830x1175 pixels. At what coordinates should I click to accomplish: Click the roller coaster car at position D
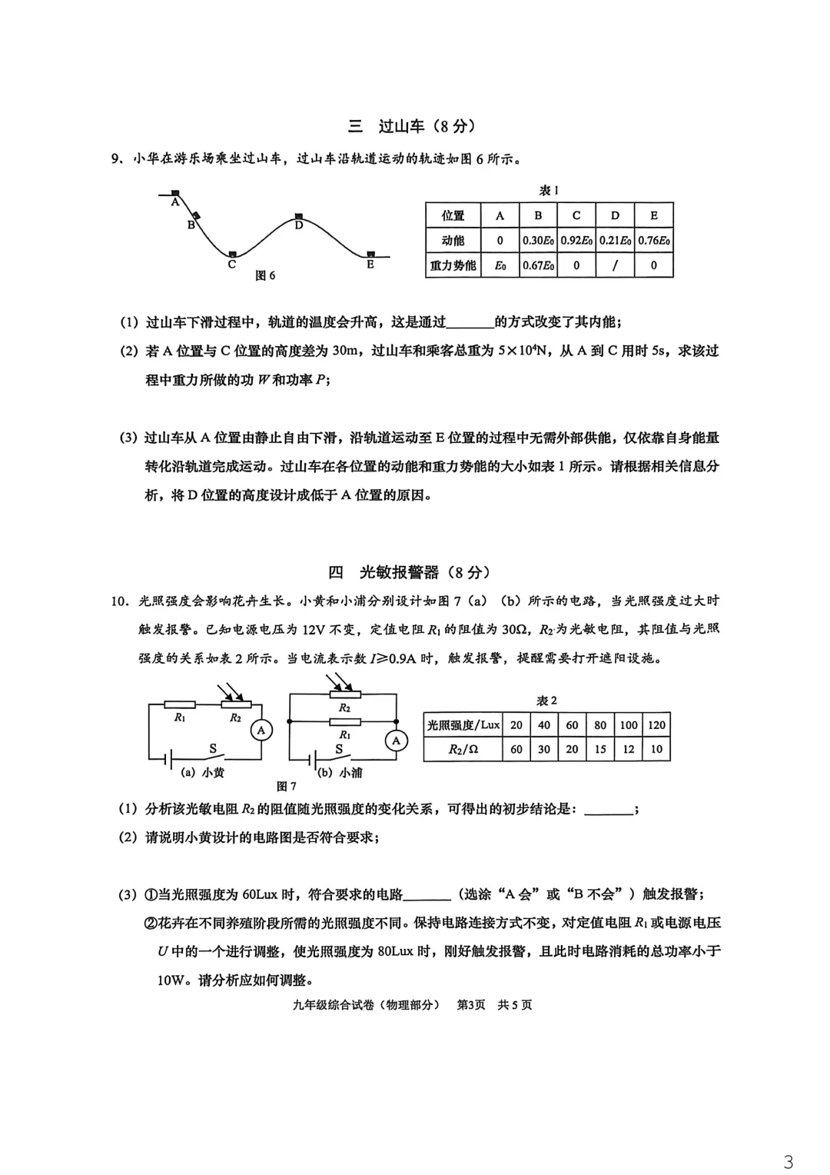coord(299,217)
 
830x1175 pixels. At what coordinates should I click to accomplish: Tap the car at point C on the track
coord(232,254)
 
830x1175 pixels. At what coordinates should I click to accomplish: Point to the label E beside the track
coord(370,265)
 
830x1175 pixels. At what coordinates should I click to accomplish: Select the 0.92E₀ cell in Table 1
coord(576,241)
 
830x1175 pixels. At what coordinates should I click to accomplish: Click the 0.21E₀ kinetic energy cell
coord(615,241)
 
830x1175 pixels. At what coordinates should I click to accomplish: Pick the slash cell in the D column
coord(615,265)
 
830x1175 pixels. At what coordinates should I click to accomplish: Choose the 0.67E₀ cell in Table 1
coord(538,265)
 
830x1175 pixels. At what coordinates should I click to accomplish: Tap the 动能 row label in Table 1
coord(453,241)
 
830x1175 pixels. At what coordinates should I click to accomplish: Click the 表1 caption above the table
coord(549,190)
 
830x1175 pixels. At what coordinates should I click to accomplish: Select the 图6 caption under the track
coord(265,275)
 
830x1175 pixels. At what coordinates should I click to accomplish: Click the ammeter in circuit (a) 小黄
coord(261,731)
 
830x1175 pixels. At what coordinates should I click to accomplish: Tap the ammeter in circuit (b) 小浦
coord(397,741)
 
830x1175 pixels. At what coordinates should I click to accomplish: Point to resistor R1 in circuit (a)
coord(180,704)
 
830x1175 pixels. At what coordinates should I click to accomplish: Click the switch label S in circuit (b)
coord(339,749)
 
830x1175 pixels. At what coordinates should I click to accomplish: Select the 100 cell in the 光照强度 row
coord(629,725)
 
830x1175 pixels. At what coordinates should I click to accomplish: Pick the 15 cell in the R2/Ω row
coord(600,749)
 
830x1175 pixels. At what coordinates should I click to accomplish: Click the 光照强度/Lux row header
coord(463,725)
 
